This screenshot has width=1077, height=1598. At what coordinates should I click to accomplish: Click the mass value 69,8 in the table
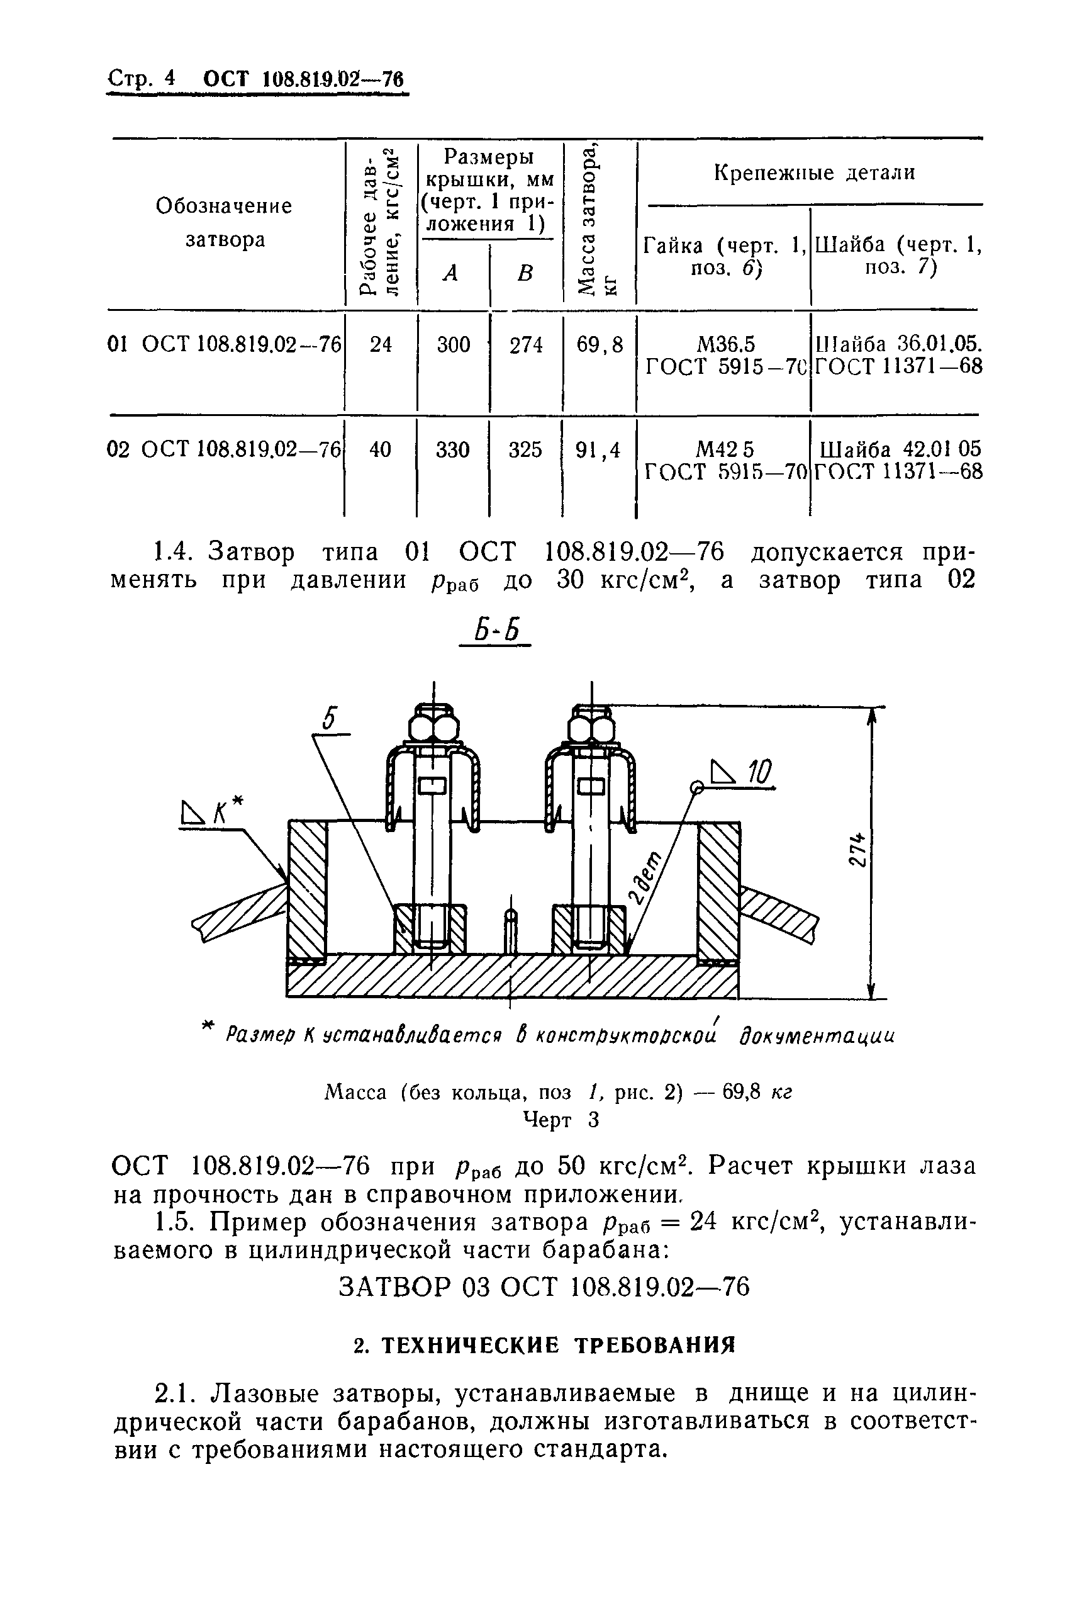tap(600, 344)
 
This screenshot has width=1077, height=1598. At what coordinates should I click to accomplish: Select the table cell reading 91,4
tap(598, 450)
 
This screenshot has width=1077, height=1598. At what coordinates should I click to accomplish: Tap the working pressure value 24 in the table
tap(381, 344)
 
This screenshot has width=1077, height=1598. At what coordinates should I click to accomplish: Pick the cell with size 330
tap(453, 450)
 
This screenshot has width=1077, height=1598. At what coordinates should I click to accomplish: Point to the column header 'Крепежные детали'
tap(814, 172)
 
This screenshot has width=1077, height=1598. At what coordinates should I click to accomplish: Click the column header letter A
tap(450, 273)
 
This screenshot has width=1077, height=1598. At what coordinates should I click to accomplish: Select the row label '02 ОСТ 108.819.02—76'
tap(224, 450)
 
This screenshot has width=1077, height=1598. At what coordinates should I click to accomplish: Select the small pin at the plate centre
tap(511, 931)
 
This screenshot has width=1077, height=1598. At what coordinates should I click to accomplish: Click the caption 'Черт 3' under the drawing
tap(561, 1120)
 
